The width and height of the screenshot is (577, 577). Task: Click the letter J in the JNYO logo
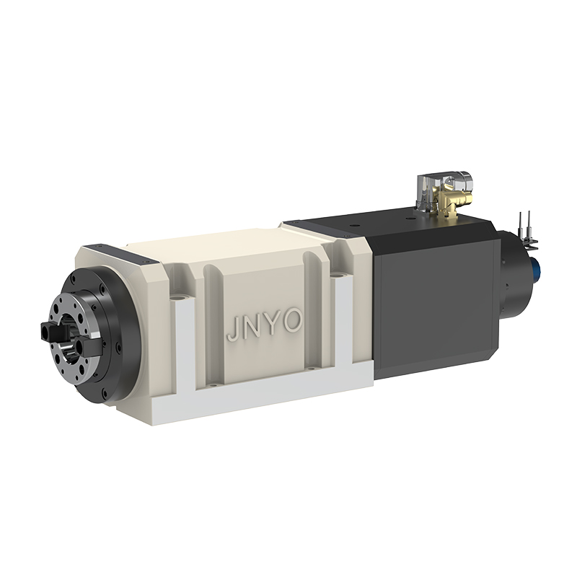pyautogui.click(x=232, y=330)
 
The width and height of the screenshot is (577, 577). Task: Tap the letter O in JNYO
pyautogui.click(x=294, y=320)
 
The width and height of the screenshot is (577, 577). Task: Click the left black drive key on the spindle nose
pyautogui.click(x=50, y=330)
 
